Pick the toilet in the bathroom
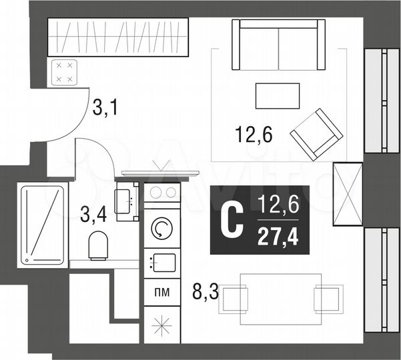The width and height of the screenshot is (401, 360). point(98,245)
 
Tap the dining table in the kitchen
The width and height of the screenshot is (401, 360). point(275,295)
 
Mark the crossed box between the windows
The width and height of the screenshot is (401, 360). point(348,195)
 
